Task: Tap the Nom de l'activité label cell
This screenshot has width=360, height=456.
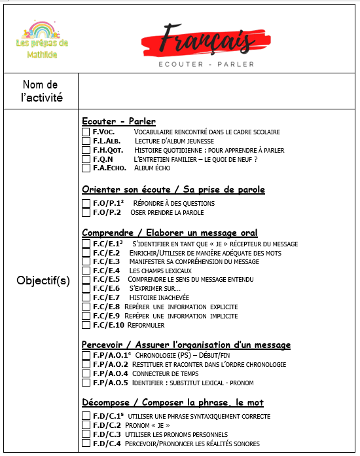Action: point(41,92)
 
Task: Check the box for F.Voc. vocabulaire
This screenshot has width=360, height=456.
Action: point(86,132)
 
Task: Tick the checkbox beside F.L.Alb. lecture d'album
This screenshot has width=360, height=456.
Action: point(86,141)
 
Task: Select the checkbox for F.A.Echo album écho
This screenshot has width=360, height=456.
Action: point(86,168)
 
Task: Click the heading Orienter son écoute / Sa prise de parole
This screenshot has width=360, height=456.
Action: point(173,190)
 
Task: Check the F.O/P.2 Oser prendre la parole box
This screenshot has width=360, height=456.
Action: point(86,212)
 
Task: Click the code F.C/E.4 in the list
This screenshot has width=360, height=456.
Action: point(107,271)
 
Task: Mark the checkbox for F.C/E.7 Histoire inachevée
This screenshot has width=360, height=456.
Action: point(86,297)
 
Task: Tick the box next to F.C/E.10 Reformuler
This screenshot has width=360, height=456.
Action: point(86,324)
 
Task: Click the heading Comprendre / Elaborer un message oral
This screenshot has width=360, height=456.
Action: point(170,233)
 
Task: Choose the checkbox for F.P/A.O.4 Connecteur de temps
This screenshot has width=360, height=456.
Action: point(86,373)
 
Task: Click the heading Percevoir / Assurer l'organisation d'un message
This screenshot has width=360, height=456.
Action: point(186,345)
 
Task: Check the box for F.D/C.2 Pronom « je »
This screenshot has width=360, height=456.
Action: point(86,425)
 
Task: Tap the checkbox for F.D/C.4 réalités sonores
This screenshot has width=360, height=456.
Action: point(86,444)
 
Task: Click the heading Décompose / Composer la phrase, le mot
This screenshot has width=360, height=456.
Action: point(173,402)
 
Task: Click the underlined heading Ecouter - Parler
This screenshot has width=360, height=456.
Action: point(118,121)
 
